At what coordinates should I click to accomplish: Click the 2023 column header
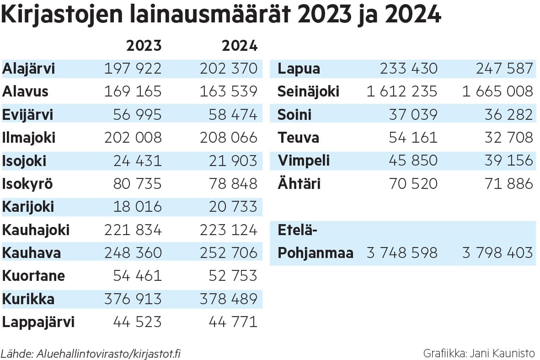tap(144, 46)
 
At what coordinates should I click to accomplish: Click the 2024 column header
tap(240, 46)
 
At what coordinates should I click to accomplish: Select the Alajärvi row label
tap(28, 69)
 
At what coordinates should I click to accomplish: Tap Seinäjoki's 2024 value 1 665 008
tap(497, 91)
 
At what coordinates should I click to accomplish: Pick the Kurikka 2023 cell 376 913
tap(133, 299)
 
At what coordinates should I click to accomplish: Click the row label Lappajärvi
tap(38, 322)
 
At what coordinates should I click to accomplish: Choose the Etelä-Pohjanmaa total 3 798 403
tap(497, 253)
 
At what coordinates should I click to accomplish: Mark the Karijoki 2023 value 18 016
tap(137, 207)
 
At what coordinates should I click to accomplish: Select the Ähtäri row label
tap(299, 184)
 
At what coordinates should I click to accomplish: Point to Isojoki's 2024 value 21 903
tap(233, 161)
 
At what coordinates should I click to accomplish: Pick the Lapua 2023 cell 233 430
tap(408, 69)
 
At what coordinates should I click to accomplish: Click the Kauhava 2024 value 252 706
tap(229, 253)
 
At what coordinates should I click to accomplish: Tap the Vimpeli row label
tap(303, 161)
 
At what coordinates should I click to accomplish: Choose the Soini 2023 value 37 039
tap(413, 115)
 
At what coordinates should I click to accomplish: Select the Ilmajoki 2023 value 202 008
tap(133, 138)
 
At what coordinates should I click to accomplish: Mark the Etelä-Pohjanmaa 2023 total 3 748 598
tap(402, 253)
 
